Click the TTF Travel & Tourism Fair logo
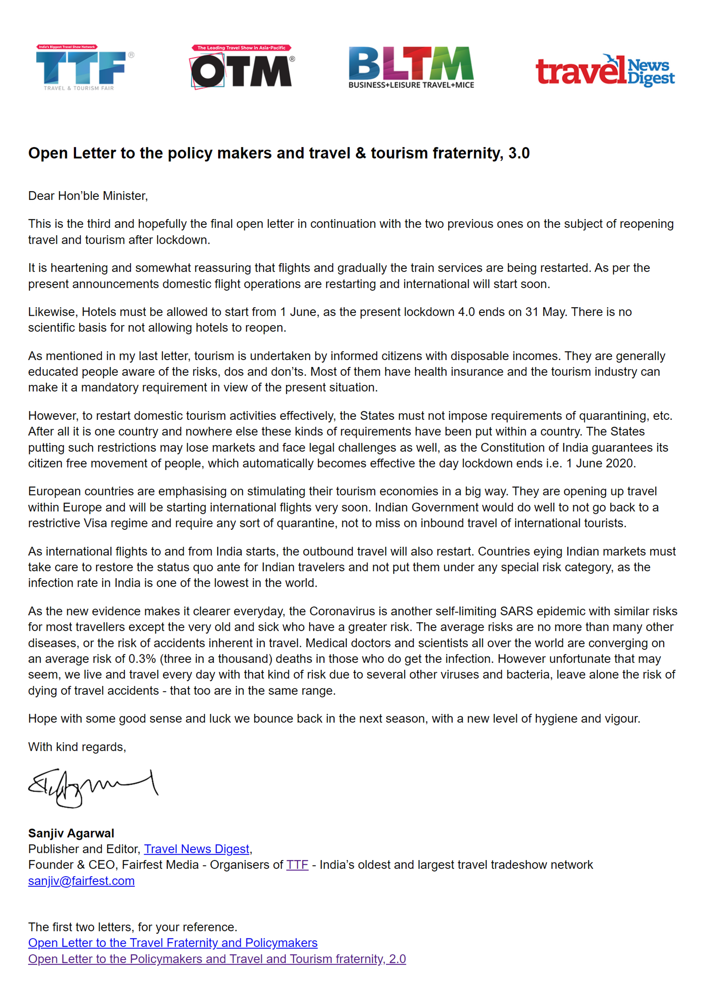(x=85, y=68)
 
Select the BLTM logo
(x=411, y=67)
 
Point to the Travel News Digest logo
(x=605, y=71)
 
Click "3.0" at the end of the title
(x=519, y=153)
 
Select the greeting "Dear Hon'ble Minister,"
(x=88, y=196)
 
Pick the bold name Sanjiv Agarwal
(x=71, y=833)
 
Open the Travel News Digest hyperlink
(x=197, y=849)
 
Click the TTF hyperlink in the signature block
(x=297, y=865)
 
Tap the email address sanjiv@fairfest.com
(x=81, y=881)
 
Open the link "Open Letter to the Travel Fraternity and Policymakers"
(x=173, y=943)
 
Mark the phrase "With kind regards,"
(x=77, y=747)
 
